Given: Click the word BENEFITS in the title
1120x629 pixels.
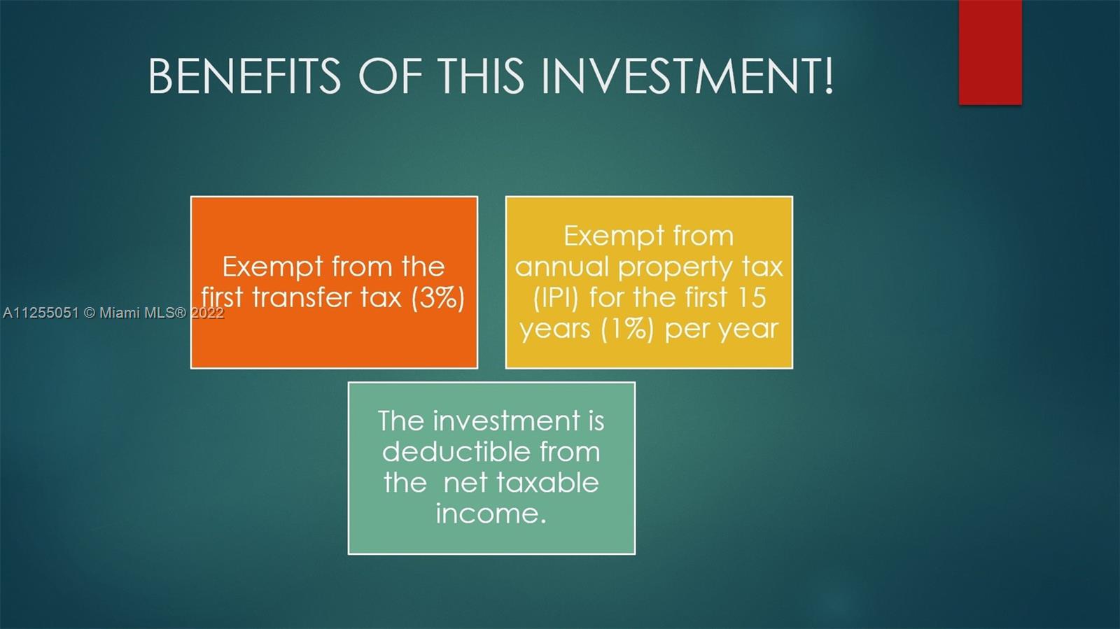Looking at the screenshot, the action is point(244,76).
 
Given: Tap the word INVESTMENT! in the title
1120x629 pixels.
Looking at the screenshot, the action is point(688,76).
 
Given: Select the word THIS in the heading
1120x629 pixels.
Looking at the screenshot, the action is point(481,76).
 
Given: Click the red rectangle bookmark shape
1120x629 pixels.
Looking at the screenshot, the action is point(990,52).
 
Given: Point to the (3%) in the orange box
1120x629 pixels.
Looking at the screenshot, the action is point(438,298).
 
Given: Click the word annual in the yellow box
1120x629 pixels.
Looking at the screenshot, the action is point(563,267).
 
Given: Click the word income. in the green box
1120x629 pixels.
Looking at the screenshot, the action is point(491,514).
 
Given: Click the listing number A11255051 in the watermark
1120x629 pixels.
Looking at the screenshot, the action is point(41,313).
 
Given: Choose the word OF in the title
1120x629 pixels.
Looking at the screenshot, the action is point(389,76).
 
